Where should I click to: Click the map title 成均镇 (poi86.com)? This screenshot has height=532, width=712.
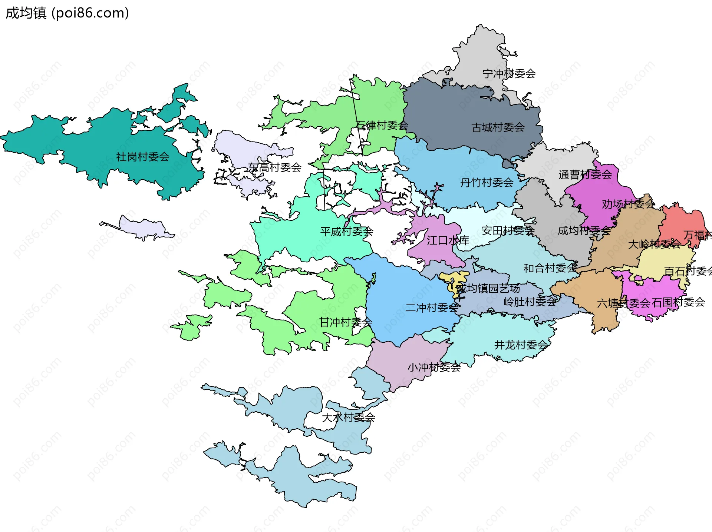(x=67, y=13)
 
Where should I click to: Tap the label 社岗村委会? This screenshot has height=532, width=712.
(x=143, y=157)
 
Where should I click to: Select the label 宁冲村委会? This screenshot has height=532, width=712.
(x=509, y=74)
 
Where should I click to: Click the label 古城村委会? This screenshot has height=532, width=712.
(x=498, y=127)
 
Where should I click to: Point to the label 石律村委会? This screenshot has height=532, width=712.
(x=382, y=125)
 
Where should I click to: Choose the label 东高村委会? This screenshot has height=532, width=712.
(x=275, y=167)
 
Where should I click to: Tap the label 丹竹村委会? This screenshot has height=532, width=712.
(x=487, y=182)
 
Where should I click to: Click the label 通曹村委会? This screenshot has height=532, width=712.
(x=585, y=174)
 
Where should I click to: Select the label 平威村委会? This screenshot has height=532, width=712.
(x=346, y=232)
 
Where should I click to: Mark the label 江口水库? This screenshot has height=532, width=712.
(x=448, y=240)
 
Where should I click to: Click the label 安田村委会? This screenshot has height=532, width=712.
(x=508, y=230)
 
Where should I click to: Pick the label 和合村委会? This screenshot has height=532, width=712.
(x=550, y=268)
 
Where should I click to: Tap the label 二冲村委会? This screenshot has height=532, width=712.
(x=432, y=307)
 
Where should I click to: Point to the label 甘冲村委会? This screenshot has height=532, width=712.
(x=346, y=322)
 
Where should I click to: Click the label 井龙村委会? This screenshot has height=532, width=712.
(x=521, y=345)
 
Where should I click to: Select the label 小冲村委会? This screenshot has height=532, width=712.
(x=434, y=367)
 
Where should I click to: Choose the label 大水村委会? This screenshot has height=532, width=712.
(x=348, y=418)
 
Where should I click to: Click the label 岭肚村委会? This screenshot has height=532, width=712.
(x=530, y=302)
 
